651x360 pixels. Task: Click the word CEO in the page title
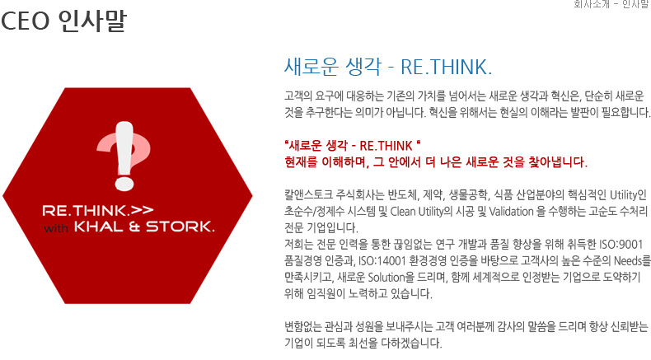[26, 21]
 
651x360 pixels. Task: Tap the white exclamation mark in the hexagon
[124, 156]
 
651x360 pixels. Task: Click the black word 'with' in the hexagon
[56, 228]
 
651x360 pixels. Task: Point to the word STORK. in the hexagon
[180, 227]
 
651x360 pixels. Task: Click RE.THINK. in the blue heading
[447, 68]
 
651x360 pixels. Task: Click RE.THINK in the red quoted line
[386, 146]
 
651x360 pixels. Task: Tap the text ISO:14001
[382, 261]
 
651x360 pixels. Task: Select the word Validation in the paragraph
[511, 212]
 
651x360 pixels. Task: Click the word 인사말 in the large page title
[92, 21]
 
